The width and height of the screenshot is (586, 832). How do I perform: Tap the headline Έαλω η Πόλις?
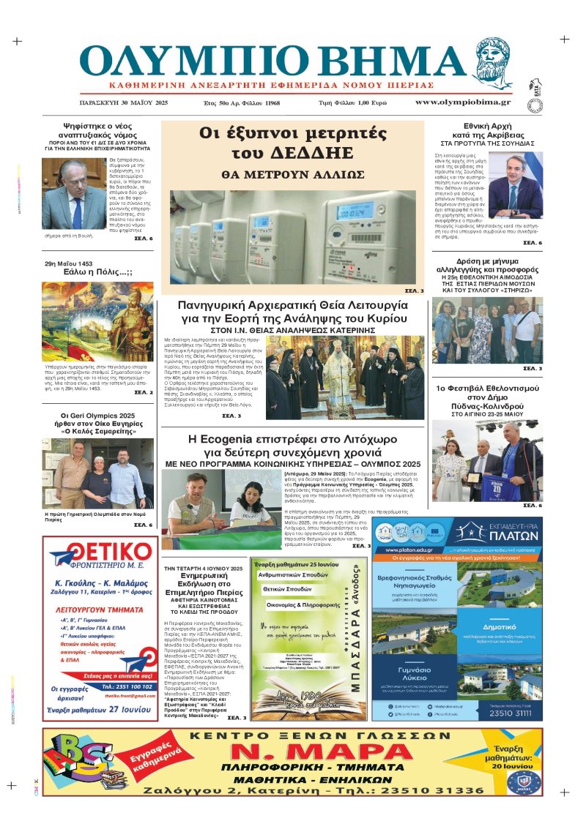pos(98,272)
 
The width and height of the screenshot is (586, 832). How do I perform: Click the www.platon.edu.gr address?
pos(407,550)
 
